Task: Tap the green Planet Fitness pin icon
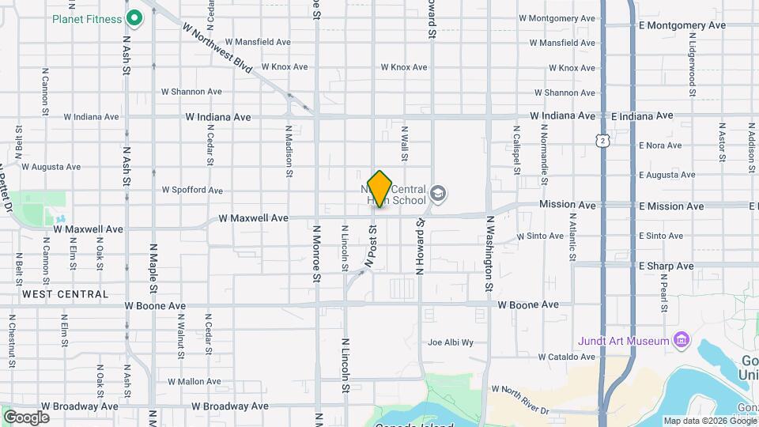coord(134,17)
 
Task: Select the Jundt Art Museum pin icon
coord(682,341)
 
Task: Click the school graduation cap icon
coord(438,193)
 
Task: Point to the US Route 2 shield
coord(603,141)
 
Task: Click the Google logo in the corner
coord(26,417)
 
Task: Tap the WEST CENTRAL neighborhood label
coord(66,294)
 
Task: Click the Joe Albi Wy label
coord(450,342)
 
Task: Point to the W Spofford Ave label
coord(192,191)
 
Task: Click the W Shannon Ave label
coord(191,92)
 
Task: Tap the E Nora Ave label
coord(659,145)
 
